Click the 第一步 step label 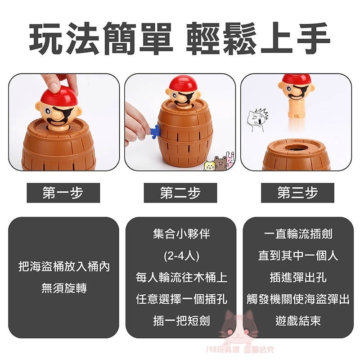[x=63, y=193]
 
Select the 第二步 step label [x=180, y=193]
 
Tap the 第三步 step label [x=297, y=193]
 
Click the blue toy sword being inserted [x=155, y=132]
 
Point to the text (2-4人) [x=180, y=256]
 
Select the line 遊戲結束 [x=297, y=321]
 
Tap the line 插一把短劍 [x=180, y=321]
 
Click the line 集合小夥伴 [x=180, y=234]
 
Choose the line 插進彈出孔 [x=297, y=278]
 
